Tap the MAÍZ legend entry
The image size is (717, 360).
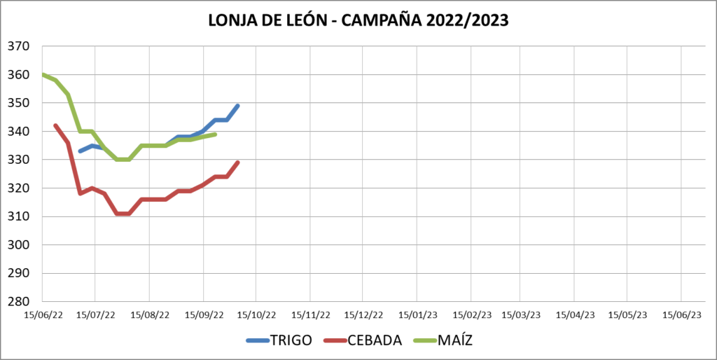pyautogui.click(x=459, y=341)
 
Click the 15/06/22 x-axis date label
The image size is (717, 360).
pyautogui.click(x=43, y=315)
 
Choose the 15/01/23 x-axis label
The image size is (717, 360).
pyautogui.click(x=417, y=315)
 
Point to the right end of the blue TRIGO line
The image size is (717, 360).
pyautogui.click(x=239, y=106)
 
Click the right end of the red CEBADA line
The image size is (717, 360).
pyautogui.click(x=239, y=162)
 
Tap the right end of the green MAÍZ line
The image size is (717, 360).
pyautogui.click(x=215, y=134)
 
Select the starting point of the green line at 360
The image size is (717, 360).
pyautogui.click(x=43, y=74)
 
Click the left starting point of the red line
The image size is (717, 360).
pyautogui.click(x=55, y=125)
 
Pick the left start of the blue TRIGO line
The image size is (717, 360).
pyautogui.click(x=80, y=151)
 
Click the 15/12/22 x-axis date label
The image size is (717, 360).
pyautogui.click(x=364, y=315)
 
